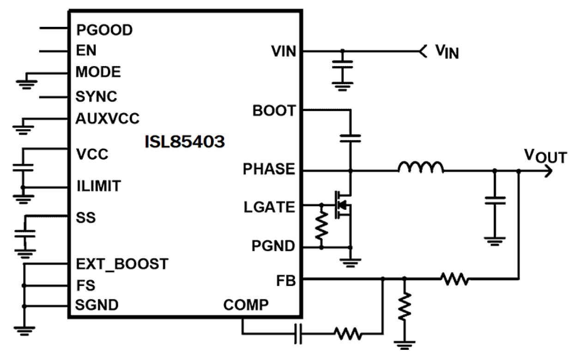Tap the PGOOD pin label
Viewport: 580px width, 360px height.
coord(104,30)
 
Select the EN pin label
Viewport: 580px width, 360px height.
coord(86,50)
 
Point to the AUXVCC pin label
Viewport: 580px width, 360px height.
coord(107,119)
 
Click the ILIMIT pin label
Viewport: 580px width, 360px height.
coord(99,187)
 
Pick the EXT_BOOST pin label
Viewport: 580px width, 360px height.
coord(122,264)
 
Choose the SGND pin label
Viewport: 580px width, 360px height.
coord(97,305)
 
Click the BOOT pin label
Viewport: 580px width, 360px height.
coord(274,111)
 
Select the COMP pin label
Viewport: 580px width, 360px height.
coord(245,305)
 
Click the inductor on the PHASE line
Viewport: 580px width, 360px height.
coord(421,167)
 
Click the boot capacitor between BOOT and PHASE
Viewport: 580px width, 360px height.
coord(350,137)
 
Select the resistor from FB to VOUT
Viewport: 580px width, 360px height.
coord(454,279)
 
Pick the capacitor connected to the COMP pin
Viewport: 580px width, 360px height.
coord(298,333)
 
